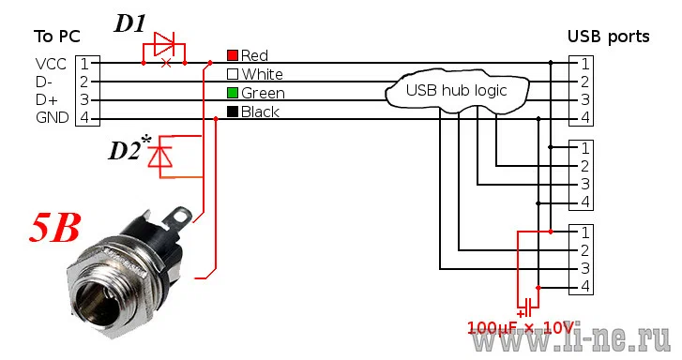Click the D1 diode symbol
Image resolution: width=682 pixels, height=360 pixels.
point(164,44)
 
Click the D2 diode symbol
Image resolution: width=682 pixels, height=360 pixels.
point(160,157)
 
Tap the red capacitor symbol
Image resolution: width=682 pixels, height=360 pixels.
point(528,307)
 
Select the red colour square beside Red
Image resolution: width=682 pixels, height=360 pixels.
point(233,55)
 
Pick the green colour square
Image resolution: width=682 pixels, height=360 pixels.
point(233,93)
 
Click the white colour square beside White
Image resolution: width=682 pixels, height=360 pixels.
point(233,74)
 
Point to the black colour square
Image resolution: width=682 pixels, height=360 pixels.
point(233,112)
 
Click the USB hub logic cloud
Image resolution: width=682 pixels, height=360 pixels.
point(457,90)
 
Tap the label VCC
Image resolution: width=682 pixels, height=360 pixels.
point(51,65)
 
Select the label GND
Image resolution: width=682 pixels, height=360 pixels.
point(53,117)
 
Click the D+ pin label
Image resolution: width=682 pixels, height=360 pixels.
point(47,99)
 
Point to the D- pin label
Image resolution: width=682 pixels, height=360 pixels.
point(44,82)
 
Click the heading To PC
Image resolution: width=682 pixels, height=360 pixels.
point(57,37)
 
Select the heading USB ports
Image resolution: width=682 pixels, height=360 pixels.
point(609,37)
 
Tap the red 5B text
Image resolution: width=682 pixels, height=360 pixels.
point(55,228)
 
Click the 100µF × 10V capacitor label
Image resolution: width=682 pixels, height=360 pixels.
point(521,327)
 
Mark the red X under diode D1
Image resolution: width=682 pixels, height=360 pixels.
point(166,63)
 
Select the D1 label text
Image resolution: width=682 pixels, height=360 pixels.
point(130,23)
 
